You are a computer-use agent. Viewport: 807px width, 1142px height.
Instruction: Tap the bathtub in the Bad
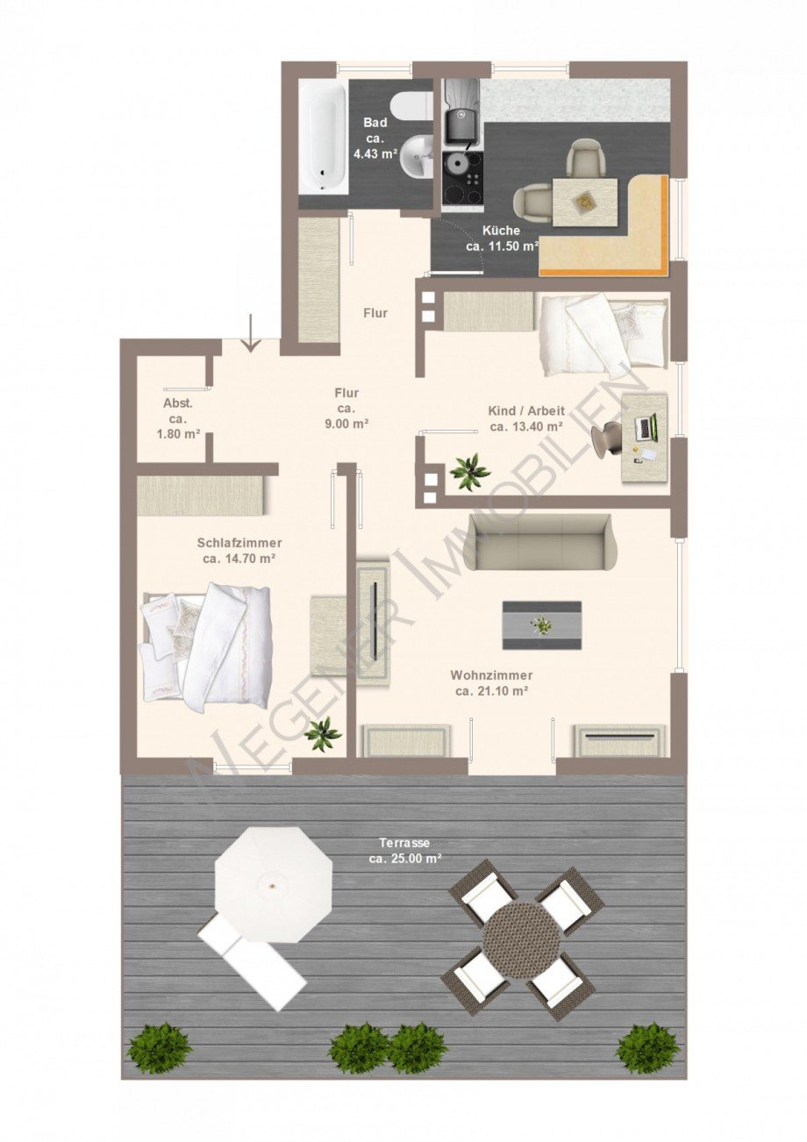tap(321, 135)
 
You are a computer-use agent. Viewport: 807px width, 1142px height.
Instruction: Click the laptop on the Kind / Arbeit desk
tap(646, 427)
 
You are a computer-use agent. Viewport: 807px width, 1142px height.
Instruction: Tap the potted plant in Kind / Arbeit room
tap(470, 472)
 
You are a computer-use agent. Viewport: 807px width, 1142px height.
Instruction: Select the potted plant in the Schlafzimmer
tap(323, 733)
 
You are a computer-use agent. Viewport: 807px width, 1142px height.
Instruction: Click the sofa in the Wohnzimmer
tap(539, 542)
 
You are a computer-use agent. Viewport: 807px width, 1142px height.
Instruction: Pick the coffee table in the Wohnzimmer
tap(541, 625)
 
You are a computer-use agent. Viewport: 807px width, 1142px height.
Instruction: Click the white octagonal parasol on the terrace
tap(274, 884)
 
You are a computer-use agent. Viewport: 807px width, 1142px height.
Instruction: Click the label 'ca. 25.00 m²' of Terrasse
tap(404, 859)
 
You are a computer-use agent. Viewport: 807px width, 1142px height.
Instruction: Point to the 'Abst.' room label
tap(178, 403)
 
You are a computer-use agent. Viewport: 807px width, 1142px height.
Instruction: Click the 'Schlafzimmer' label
tap(239, 543)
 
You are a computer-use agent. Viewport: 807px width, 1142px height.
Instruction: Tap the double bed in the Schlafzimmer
tap(206, 647)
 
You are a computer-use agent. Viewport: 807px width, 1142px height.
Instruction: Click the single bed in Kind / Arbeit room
tap(603, 332)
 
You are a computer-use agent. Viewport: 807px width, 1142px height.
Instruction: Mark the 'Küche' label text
tap(501, 232)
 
